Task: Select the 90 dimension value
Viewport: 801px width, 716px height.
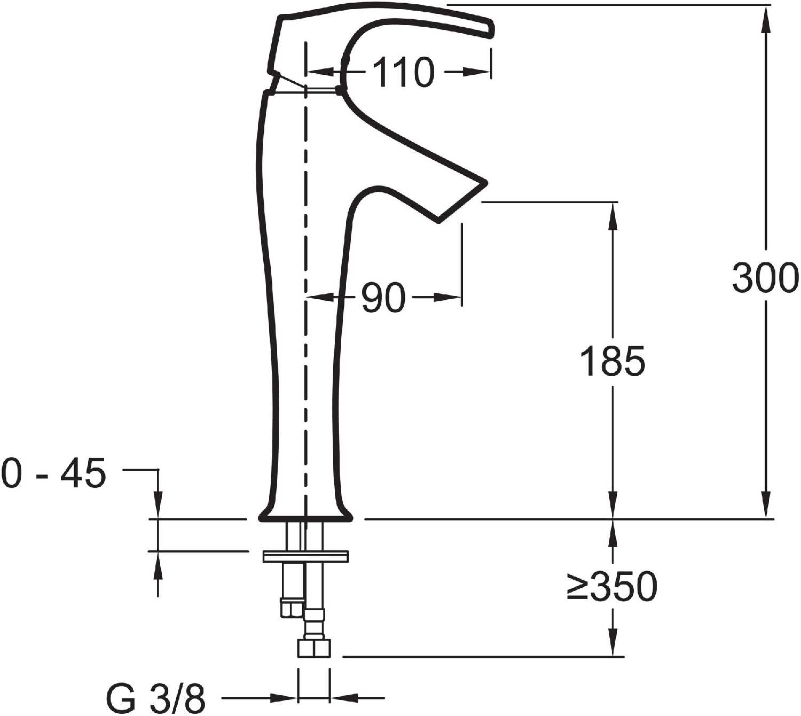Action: pyautogui.click(x=383, y=298)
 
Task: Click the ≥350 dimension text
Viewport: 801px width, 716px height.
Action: pyautogui.click(x=612, y=586)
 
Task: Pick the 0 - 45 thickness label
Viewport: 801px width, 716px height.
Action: pyautogui.click(x=54, y=473)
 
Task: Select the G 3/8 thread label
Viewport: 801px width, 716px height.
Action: pyautogui.click(x=156, y=699)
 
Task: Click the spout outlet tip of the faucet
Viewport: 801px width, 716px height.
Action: pyautogui.click(x=462, y=203)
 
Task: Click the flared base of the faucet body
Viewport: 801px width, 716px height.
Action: pyautogui.click(x=305, y=513)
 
